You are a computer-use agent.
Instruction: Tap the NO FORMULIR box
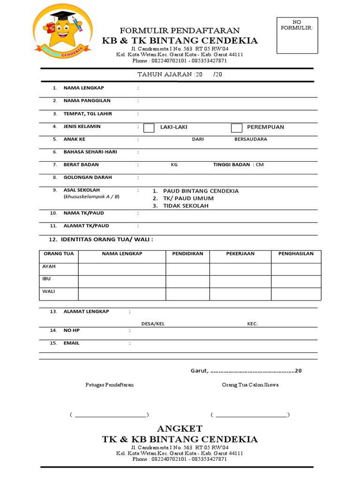tap(297, 35)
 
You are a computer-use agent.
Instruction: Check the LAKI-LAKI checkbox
tap(149, 127)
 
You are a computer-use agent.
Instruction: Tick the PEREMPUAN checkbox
tap(237, 127)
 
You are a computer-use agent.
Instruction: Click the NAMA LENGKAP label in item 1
tap(84, 88)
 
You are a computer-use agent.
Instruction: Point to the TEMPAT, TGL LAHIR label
tap(88, 114)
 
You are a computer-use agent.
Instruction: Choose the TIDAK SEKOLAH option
tap(186, 206)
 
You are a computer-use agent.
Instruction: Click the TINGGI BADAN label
tap(231, 165)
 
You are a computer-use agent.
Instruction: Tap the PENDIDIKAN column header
tap(187, 254)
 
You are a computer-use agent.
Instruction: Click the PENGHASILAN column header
tap(296, 254)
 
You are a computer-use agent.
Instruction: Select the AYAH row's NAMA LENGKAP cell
tap(122, 269)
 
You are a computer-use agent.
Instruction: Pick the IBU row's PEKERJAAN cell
tap(240, 281)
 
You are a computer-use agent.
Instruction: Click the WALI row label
tap(49, 291)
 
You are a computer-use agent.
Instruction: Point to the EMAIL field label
tap(71, 343)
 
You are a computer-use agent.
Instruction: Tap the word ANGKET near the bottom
tap(180, 428)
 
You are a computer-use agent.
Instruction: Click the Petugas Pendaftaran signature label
tap(109, 384)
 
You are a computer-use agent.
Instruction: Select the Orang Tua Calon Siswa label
tap(250, 384)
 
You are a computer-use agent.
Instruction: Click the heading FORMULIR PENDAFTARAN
tap(180, 30)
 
